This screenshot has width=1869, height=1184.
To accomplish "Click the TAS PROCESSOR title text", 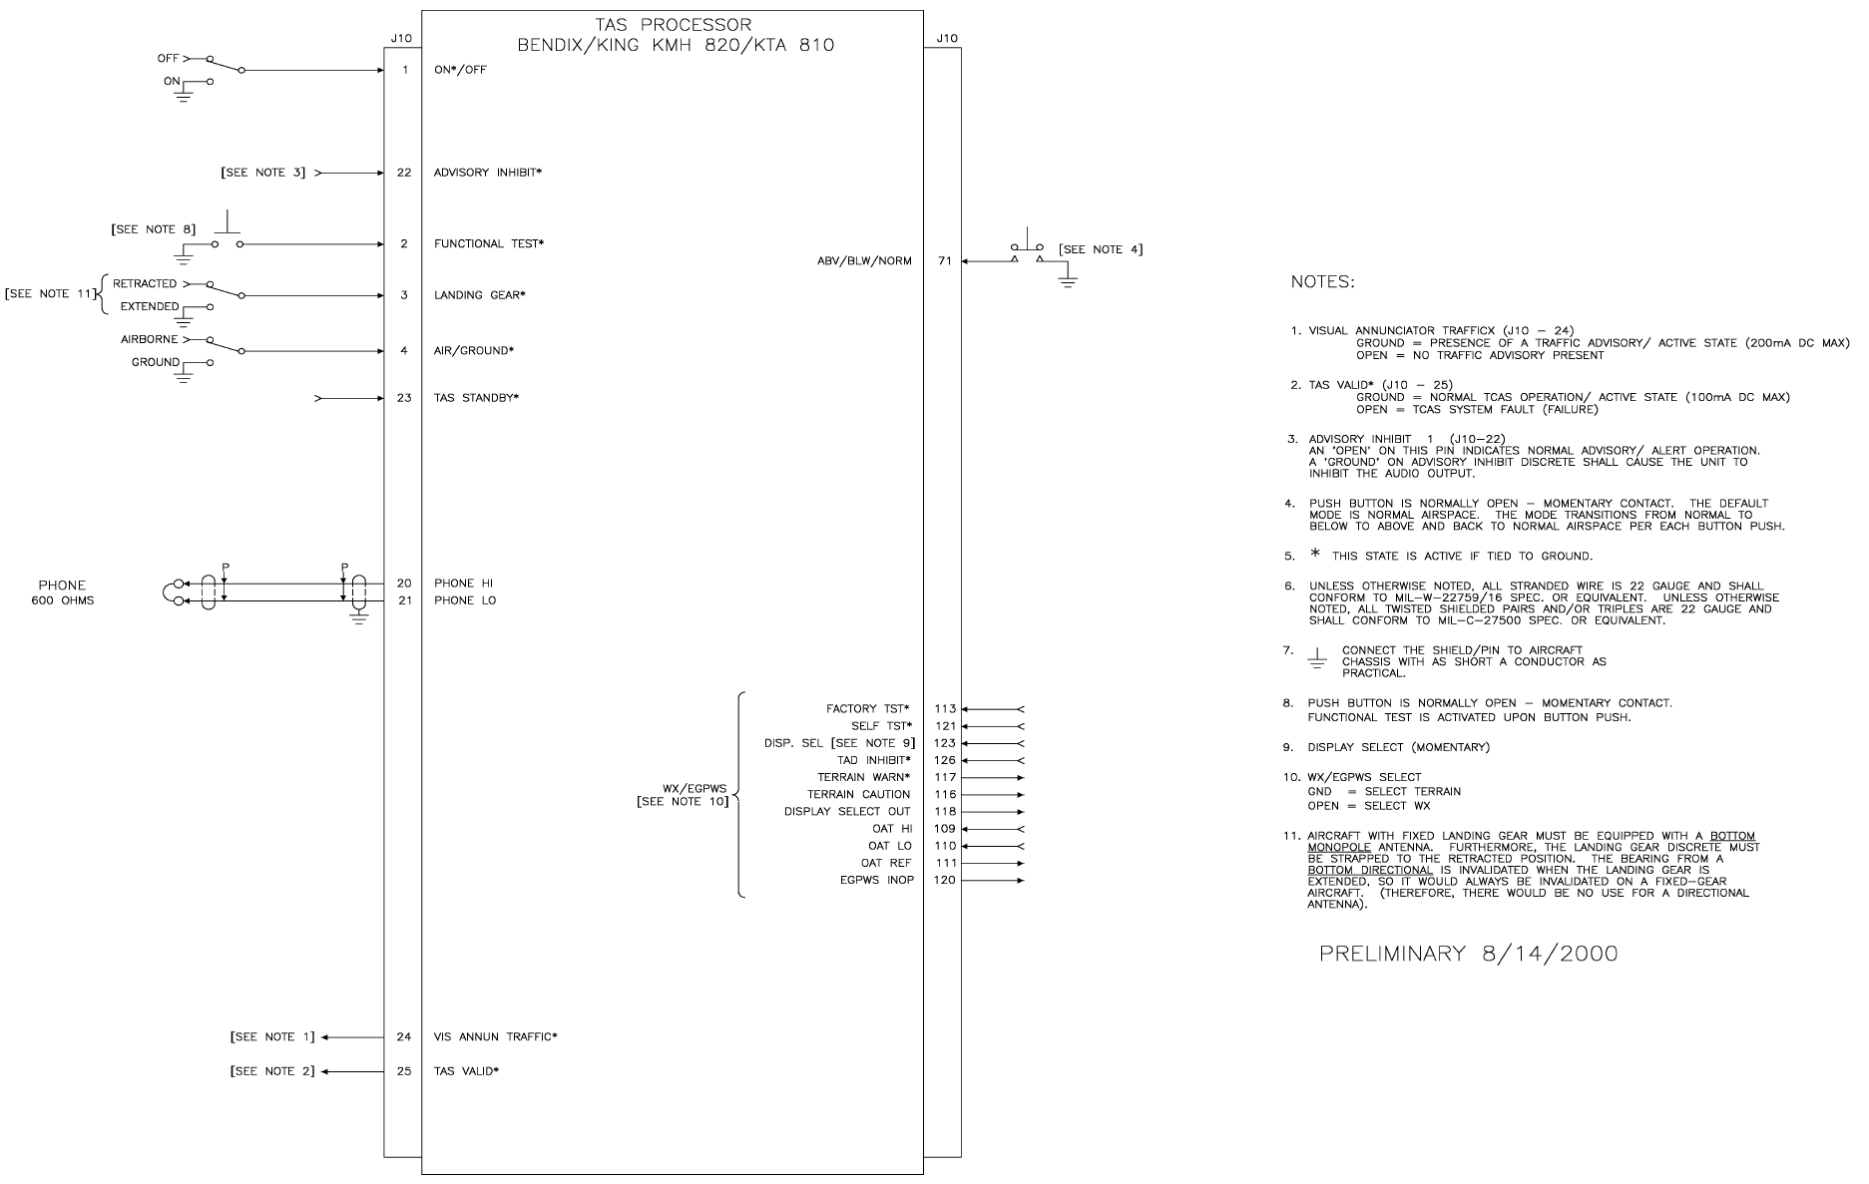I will coord(677,25).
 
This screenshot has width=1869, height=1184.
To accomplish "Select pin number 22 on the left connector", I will coord(403,173).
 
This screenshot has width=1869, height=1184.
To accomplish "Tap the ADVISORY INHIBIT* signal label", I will coord(487,173).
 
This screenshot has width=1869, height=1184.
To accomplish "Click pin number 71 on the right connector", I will coord(943,261).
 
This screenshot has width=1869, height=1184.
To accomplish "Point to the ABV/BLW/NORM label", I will coord(864,261).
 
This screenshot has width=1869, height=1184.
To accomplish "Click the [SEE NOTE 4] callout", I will coord(1101,249).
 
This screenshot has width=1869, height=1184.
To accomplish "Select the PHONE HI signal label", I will coord(463,584).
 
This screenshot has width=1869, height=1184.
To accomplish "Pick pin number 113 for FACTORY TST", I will coord(945,709).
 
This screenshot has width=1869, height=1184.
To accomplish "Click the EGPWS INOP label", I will coord(876,881).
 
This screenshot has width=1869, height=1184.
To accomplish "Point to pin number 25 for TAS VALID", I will coord(403,1071).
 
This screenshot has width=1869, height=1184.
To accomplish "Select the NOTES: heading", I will coord(1323,282).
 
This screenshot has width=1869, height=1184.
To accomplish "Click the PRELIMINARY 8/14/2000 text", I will coord(1468,954).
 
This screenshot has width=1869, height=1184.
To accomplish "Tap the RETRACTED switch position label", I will coord(145,284).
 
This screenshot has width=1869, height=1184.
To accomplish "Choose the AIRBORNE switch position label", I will coord(150,340).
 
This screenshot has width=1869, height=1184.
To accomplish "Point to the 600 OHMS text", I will coord(62,600).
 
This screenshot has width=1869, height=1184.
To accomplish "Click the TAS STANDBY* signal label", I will coord(476,398).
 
